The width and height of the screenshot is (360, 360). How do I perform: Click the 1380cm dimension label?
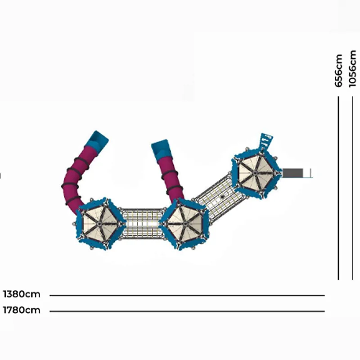[22, 294]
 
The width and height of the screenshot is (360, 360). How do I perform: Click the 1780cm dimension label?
[22, 310]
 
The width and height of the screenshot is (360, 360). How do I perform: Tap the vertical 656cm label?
[339, 71]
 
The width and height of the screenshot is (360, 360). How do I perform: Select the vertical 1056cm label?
[352, 69]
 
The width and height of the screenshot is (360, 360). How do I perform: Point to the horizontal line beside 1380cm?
[187, 296]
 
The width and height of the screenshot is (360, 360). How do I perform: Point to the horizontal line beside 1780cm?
[187, 311]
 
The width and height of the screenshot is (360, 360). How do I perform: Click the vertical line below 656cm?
[338, 188]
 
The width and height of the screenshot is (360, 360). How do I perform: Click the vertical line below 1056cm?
[353, 188]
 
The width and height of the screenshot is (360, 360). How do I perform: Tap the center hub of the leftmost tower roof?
[99, 224]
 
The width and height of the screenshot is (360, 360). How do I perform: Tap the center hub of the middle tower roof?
[185, 223]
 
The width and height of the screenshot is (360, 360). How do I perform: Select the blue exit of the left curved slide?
[98, 141]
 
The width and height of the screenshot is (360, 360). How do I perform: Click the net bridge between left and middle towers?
[142, 224]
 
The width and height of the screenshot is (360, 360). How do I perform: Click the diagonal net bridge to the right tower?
[219, 196]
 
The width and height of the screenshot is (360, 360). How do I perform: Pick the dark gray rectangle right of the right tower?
[293, 173]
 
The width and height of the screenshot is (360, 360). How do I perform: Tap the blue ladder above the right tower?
[266, 141]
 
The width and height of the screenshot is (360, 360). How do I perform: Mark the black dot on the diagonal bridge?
[222, 197]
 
